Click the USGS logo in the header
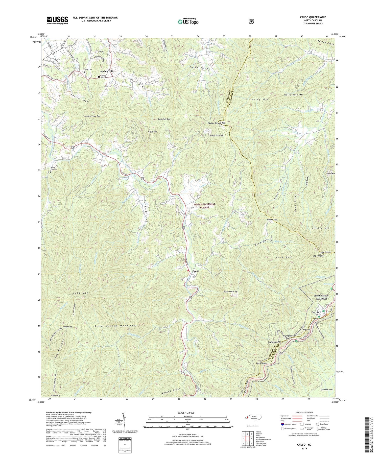tap(57, 20)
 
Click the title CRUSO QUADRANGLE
tap(312, 17)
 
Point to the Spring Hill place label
tap(106, 71)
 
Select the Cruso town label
tap(196, 271)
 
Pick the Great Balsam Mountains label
tap(116, 326)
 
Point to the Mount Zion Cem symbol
tap(51, 172)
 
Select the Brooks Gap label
tap(272, 220)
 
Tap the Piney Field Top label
tap(230, 292)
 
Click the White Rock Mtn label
tap(294, 95)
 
